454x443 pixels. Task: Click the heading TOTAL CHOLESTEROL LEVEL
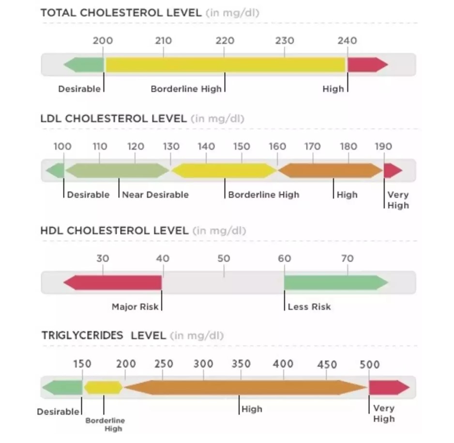pos(121,13)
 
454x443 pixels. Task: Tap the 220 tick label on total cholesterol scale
pos(224,41)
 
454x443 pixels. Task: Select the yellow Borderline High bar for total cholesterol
pos(225,64)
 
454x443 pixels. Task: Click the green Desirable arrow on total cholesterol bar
pos(84,64)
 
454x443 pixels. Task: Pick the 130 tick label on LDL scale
pos(171,147)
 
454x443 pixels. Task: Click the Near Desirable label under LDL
pos(155,195)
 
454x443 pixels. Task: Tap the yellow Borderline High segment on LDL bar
pos(224,170)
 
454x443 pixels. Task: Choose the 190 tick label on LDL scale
pos(383,147)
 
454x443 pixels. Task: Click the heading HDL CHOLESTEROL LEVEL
pos(114,231)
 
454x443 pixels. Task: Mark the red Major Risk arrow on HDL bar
pos(113,282)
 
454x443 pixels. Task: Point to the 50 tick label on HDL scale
pos(224,259)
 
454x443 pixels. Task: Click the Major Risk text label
pos(135,307)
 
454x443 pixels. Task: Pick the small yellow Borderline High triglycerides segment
pos(103,387)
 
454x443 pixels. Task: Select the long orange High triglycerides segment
pos(245,387)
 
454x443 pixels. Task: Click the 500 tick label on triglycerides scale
pos(369,365)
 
